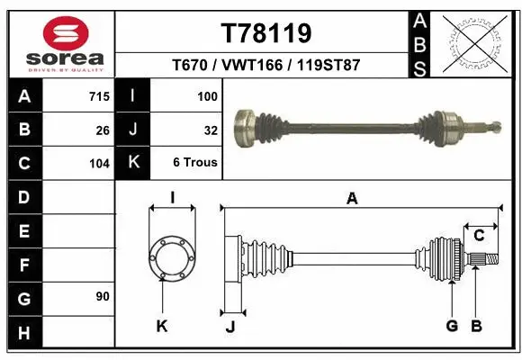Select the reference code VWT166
tap(266, 66)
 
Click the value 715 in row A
tap(99, 95)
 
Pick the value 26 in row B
tap(103, 130)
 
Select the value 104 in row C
tap(99, 164)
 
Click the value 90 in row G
tap(103, 295)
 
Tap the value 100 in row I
tap(207, 95)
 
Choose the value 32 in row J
tap(211, 130)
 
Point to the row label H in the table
tap(24, 334)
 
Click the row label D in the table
tap(24, 197)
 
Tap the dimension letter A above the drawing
tap(353, 199)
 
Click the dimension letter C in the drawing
tap(480, 236)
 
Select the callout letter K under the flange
tap(162, 326)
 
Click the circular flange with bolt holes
tap(171, 256)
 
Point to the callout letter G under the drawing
tap(452, 326)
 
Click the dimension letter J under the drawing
tap(229, 327)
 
